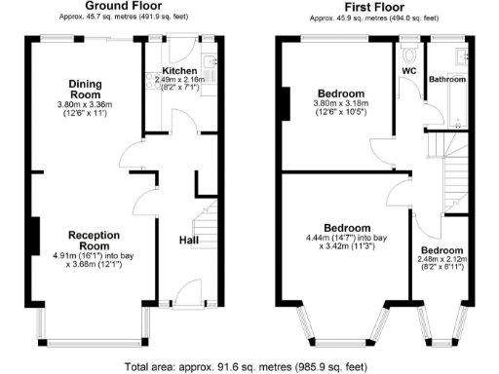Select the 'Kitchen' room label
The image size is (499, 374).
(x=180, y=71)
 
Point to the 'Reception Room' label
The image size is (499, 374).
(x=94, y=241)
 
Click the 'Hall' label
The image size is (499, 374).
(x=190, y=240)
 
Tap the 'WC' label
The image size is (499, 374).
(x=408, y=71)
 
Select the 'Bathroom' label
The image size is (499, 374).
(x=448, y=79)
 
